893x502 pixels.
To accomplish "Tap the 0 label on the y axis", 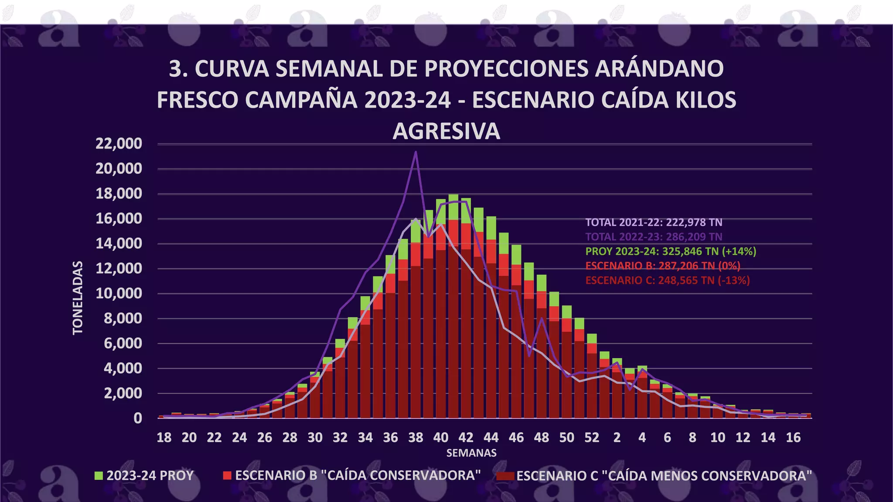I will pos(137,418).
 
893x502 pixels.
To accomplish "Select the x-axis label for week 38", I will pos(416,438).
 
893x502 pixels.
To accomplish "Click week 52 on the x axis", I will pos(592,438).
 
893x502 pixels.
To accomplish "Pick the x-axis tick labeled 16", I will pos(793,438).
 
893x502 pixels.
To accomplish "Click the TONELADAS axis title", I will pos(78,298).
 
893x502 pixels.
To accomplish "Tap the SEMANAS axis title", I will pos(471,453).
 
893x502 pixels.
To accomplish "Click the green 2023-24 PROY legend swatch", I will pos(99,475).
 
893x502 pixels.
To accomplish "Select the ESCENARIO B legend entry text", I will pos(358,475).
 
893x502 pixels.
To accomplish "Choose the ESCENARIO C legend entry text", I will pos(664,475).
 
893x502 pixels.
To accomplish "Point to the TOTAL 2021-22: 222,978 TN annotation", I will pos(654,222).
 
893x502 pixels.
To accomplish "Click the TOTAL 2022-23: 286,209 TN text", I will pos(654,237).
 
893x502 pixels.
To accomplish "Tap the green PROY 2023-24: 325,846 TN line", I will pos(671,251).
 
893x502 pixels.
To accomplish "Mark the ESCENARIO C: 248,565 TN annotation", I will pos(668,280).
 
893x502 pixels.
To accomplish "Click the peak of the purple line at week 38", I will pos(416,152).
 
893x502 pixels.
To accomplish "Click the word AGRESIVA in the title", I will pos(446,131).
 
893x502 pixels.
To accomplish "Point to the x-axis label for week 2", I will pos(617,438).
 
